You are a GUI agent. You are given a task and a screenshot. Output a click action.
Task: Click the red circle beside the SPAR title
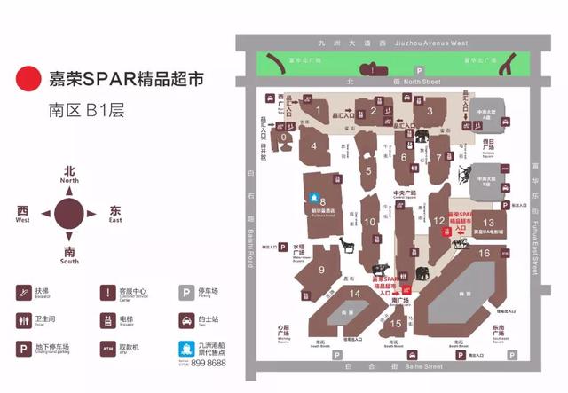[x=29, y=79]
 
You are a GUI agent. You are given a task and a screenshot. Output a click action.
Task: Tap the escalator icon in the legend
[x=22, y=291]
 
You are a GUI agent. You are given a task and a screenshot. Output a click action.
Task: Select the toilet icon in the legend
[x=22, y=319]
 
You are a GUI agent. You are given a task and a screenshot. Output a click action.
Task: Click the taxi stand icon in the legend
[x=187, y=319]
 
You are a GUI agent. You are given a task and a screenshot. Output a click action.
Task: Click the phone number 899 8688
[x=209, y=363]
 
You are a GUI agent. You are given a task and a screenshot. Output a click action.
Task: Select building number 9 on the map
[x=321, y=271]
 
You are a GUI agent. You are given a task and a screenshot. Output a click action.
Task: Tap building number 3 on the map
[x=430, y=111]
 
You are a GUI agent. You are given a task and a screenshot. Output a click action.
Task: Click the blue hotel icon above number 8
[x=312, y=196]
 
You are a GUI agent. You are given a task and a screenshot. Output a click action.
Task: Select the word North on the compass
[x=69, y=180]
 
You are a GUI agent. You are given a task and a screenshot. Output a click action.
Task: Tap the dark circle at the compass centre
[x=69, y=214]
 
